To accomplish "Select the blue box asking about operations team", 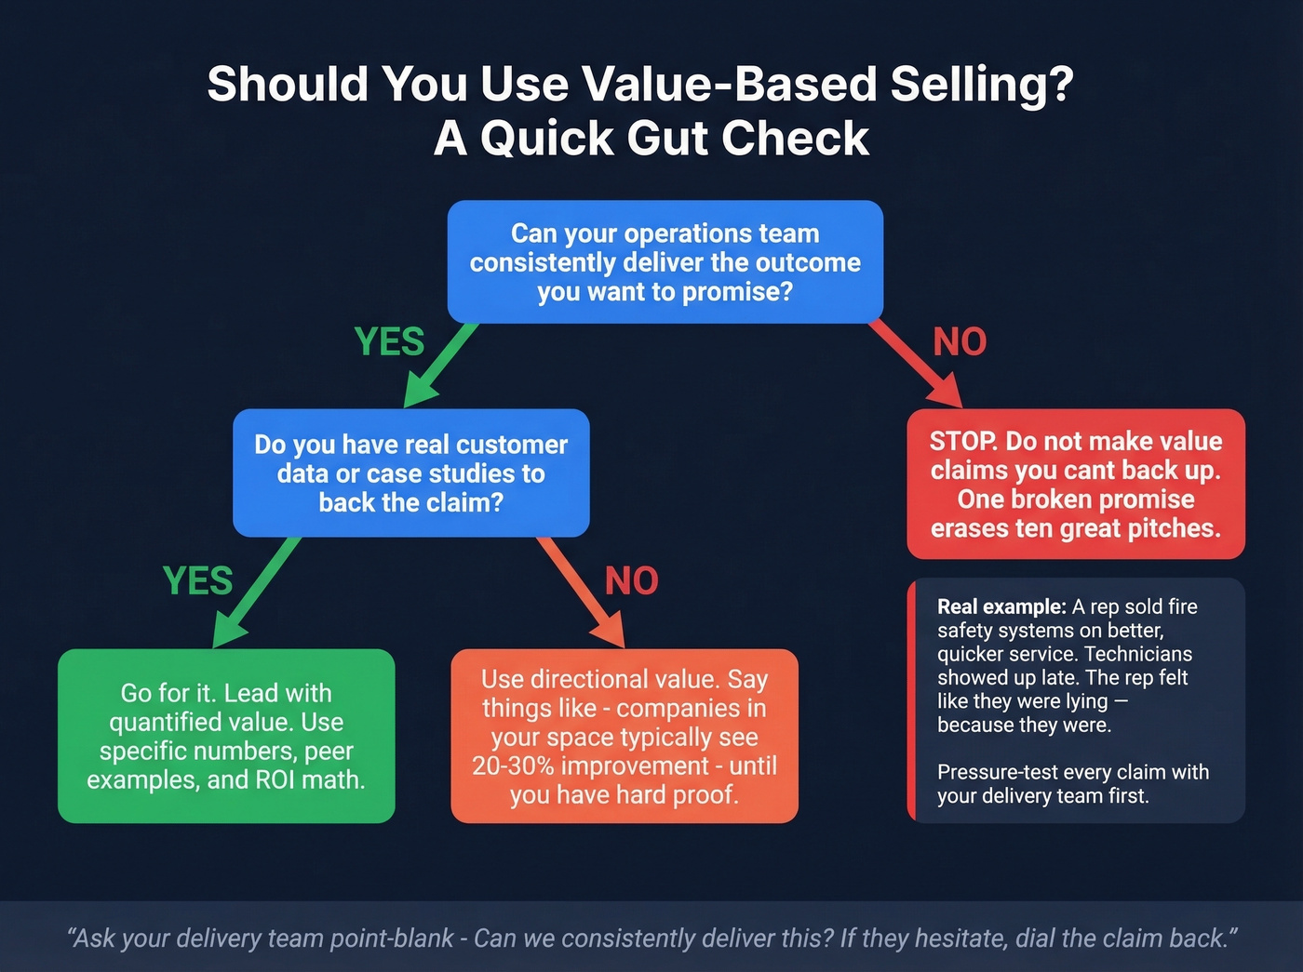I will coord(665,262).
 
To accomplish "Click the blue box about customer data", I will coord(410,473).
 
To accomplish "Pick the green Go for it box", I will coord(226,736).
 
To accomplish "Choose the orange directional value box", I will coord(624,736).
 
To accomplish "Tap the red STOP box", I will coord(1075,484).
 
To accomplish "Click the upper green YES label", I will coord(389,342).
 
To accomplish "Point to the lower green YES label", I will coord(197,581).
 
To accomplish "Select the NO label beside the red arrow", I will coord(960,342).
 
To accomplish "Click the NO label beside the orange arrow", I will coord(631,581).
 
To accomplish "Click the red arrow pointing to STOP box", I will coord(917,365).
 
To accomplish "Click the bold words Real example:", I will coord(1001,606).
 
